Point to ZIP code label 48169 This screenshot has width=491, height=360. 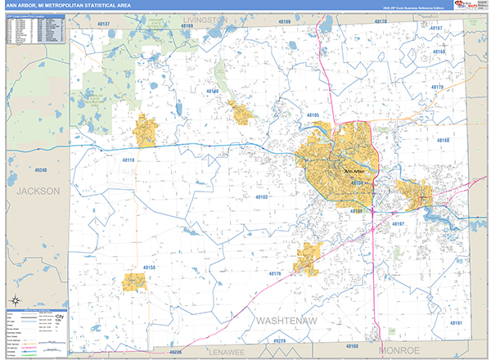(189, 26)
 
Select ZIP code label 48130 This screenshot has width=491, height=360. (216, 91)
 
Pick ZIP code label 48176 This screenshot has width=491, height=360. (275, 273)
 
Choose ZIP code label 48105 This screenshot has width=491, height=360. (313, 115)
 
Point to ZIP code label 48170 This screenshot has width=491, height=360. (436, 88)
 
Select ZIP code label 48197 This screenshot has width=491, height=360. (399, 224)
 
